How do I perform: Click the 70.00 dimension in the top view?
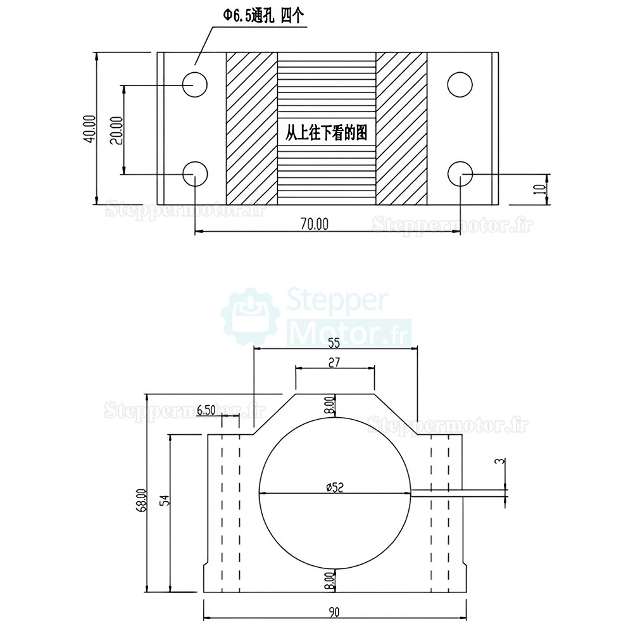(x=315, y=223)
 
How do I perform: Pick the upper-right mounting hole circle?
(x=460, y=84)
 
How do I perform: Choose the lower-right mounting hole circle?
(x=460, y=172)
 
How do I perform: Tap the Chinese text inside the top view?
(x=326, y=134)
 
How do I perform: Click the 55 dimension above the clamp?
(x=334, y=343)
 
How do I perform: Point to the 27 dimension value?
(x=335, y=363)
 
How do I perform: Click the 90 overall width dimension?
(x=334, y=611)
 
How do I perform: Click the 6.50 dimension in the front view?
(x=206, y=410)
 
